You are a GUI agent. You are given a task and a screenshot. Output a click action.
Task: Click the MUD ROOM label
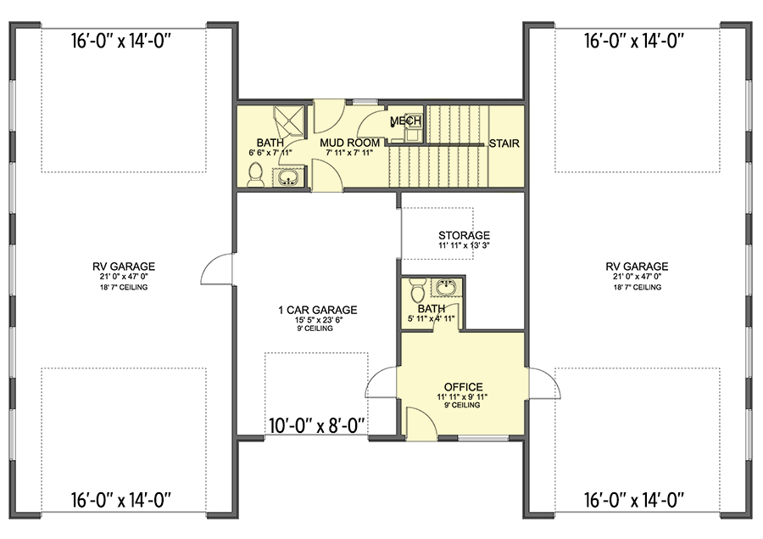point(349,143)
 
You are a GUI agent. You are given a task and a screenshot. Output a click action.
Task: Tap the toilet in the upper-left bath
point(255,176)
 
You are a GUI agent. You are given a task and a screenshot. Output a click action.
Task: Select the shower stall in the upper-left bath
point(290,121)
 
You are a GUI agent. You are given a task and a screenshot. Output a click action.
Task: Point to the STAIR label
point(504,143)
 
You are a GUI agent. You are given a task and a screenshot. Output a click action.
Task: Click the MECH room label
point(405,121)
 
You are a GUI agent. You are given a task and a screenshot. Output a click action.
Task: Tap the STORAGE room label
point(464,235)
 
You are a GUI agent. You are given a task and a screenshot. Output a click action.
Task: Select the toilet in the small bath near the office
point(417,290)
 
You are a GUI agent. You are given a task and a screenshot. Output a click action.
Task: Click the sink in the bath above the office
point(445,287)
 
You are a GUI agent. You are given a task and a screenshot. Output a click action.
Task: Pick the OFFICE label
point(463,387)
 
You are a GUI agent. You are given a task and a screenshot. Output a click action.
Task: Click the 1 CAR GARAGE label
point(317,310)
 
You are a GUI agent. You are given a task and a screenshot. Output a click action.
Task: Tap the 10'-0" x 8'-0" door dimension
point(317,426)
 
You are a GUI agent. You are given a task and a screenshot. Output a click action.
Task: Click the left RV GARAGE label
point(124,267)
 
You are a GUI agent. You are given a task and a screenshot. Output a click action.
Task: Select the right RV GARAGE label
point(637,267)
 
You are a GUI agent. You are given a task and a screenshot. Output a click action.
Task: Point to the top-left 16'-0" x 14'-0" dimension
point(121,41)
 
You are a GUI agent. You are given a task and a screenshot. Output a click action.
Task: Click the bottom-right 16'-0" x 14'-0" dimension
point(634,500)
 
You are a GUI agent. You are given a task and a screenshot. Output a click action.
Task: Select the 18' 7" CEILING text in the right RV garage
point(637,288)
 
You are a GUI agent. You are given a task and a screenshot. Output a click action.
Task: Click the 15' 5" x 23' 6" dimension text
point(319,320)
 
